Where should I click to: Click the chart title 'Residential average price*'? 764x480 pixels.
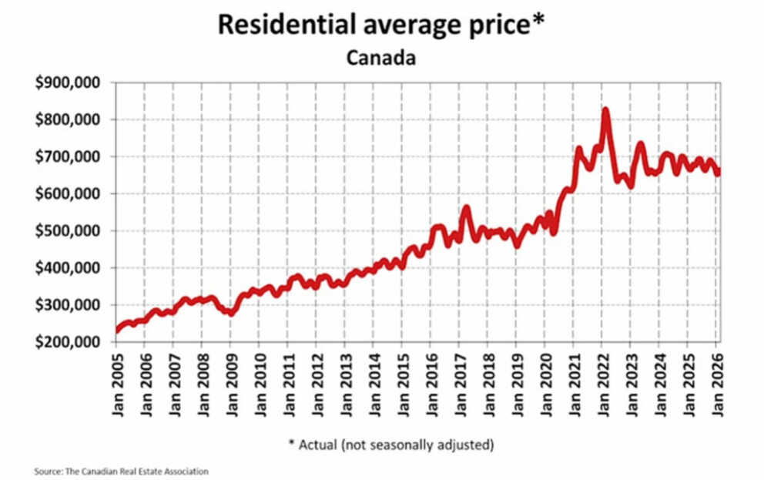pos(381,24)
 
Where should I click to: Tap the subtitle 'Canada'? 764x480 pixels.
pos(381,58)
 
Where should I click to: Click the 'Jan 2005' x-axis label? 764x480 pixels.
pos(118,385)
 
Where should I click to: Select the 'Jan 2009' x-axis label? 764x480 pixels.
pos(231,385)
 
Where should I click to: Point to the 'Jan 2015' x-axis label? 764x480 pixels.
pos(403,385)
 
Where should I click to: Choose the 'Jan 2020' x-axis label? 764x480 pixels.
pos(545,385)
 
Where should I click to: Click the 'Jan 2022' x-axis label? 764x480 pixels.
pos(602,385)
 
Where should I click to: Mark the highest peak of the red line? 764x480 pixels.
pos(605,111)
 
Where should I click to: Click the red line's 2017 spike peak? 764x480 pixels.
pos(466,207)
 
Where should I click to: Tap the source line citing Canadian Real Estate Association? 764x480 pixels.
pos(122,471)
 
